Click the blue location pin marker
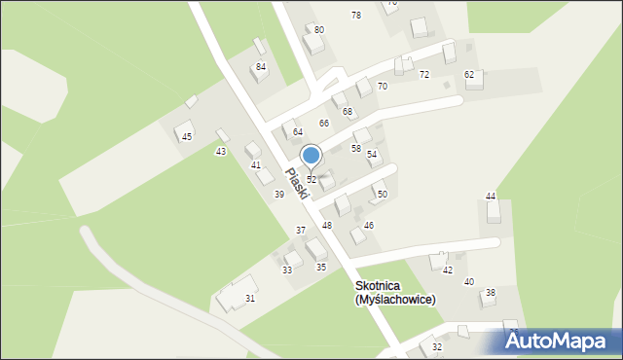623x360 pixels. tap(311, 156)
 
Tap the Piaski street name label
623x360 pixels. tap(296, 183)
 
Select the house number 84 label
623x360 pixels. tap(261, 66)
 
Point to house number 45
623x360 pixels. tap(186, 137)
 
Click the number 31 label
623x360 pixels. tap(250, 298)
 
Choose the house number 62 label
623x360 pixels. tap(469, 75)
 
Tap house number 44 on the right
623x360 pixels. tap(492, 197)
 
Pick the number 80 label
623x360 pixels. tap(319, 30)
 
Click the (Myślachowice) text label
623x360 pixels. tap(394, 300)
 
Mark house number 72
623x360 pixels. tap(424, 75)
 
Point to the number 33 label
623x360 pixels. tap(287, 270)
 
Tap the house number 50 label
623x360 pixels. tap(383, 195)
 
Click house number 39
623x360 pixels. tap(279, 195)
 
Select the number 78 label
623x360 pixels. tap(356, 15)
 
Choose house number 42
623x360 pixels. tap(448, 270)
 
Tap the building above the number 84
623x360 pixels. tap(258, 46)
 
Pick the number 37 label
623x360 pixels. tap(301, 231)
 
